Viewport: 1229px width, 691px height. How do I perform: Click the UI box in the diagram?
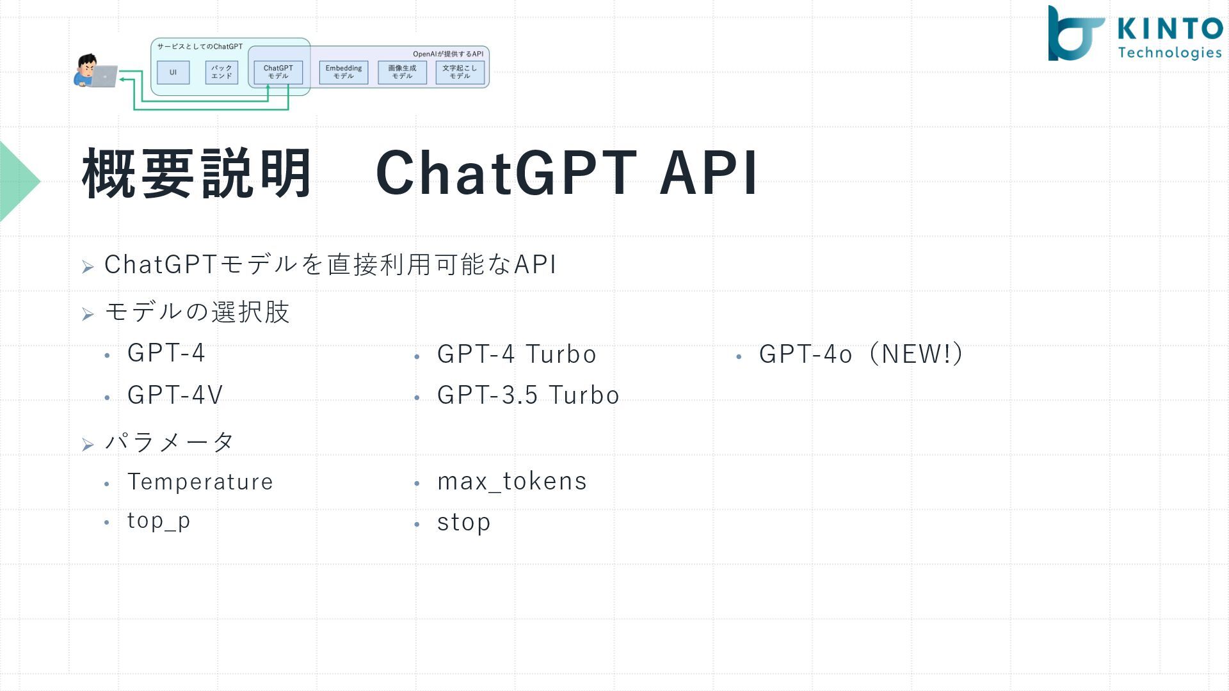173,72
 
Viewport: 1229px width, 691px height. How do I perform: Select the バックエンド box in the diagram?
221,72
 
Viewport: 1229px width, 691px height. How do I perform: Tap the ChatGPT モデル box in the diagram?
278,72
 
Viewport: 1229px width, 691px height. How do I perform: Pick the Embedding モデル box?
344,72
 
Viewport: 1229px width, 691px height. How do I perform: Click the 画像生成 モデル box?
402,72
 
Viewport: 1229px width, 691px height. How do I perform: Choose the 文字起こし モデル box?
460,72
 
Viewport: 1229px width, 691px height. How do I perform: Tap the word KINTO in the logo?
1170,29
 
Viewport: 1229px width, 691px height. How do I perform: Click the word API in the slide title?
709,173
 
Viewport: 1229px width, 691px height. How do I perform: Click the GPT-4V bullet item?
175,395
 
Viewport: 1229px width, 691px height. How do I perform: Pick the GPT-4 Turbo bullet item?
517,354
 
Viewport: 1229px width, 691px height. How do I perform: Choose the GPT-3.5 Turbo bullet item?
528,395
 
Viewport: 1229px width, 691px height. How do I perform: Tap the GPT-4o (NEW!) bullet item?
861,354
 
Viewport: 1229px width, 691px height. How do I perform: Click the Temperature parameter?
200,482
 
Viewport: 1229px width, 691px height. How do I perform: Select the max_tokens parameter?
511,482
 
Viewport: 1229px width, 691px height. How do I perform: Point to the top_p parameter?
159,521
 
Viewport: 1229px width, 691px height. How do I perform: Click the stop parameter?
463,523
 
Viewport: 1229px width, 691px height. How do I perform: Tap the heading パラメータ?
170,441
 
